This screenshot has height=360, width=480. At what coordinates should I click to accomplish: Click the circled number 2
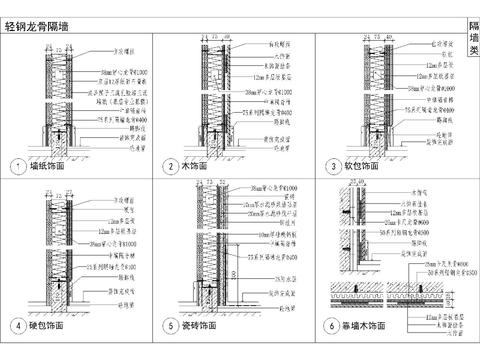(x=171, y=165)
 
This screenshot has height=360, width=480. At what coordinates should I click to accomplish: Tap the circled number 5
(x=171, y=326)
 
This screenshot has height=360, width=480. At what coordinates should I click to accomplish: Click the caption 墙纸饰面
(x=46, y=165)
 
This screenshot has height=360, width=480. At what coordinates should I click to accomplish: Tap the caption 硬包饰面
(x=46, y=326)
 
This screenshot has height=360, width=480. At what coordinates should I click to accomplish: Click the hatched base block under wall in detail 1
(x=58, y=142)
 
